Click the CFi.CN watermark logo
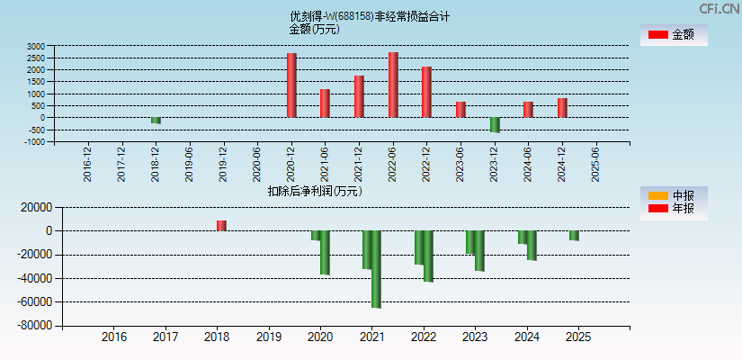(x=720, y=9)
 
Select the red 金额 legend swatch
(x=657, y=34)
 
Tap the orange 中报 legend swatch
(x=657, y=195)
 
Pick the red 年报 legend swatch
(x=657, y=209)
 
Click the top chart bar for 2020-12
(x=291, y=85)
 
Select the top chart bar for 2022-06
(x=393, y=85)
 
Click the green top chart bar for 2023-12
(x=495, y=124)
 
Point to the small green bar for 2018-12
(x=156, y=120)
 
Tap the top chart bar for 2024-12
(x=562, y=107)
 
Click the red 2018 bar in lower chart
(x=221, y=225)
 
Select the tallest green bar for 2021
(x=376, y=269)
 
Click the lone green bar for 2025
(x=574, y=236)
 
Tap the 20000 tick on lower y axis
(x=29, y=207)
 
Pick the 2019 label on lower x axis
(x=269, y=337)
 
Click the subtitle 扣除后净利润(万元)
(x=315, y=191)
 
